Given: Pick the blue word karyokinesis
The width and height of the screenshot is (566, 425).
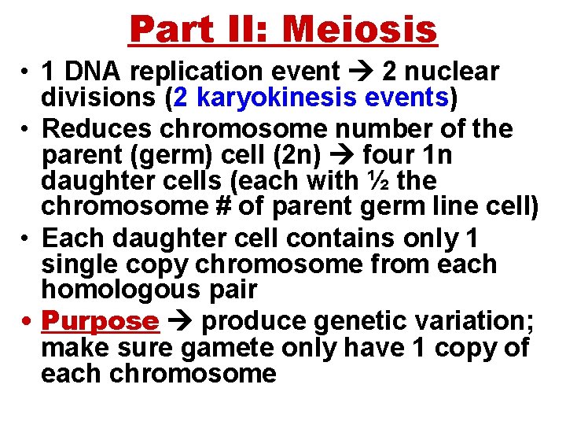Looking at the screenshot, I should click(274, 98).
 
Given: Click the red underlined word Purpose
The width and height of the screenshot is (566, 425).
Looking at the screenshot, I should click(100, 320).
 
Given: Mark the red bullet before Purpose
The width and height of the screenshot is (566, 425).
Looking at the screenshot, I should click(28, 321).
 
